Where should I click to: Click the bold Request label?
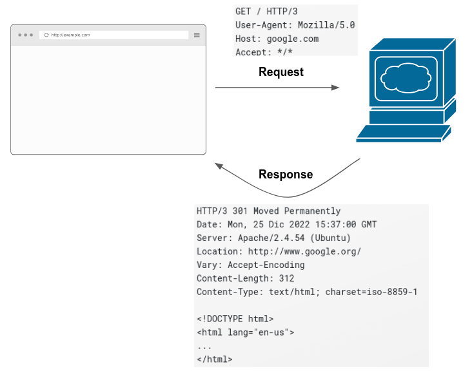(281, 72)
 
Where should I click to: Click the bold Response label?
(286, 175)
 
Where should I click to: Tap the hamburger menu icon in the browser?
(197, 35)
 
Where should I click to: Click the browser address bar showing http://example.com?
(113, 35)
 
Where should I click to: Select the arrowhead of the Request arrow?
(335, 87)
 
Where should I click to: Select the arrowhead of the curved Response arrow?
(220, 166)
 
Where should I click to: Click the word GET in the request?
(243, 12)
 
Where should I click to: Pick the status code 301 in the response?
(241, 211)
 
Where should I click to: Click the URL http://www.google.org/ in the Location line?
(304, 251)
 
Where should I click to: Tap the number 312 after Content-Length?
(286, 278)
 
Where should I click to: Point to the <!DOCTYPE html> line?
(235, 319)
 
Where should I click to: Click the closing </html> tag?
(215, 359)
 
